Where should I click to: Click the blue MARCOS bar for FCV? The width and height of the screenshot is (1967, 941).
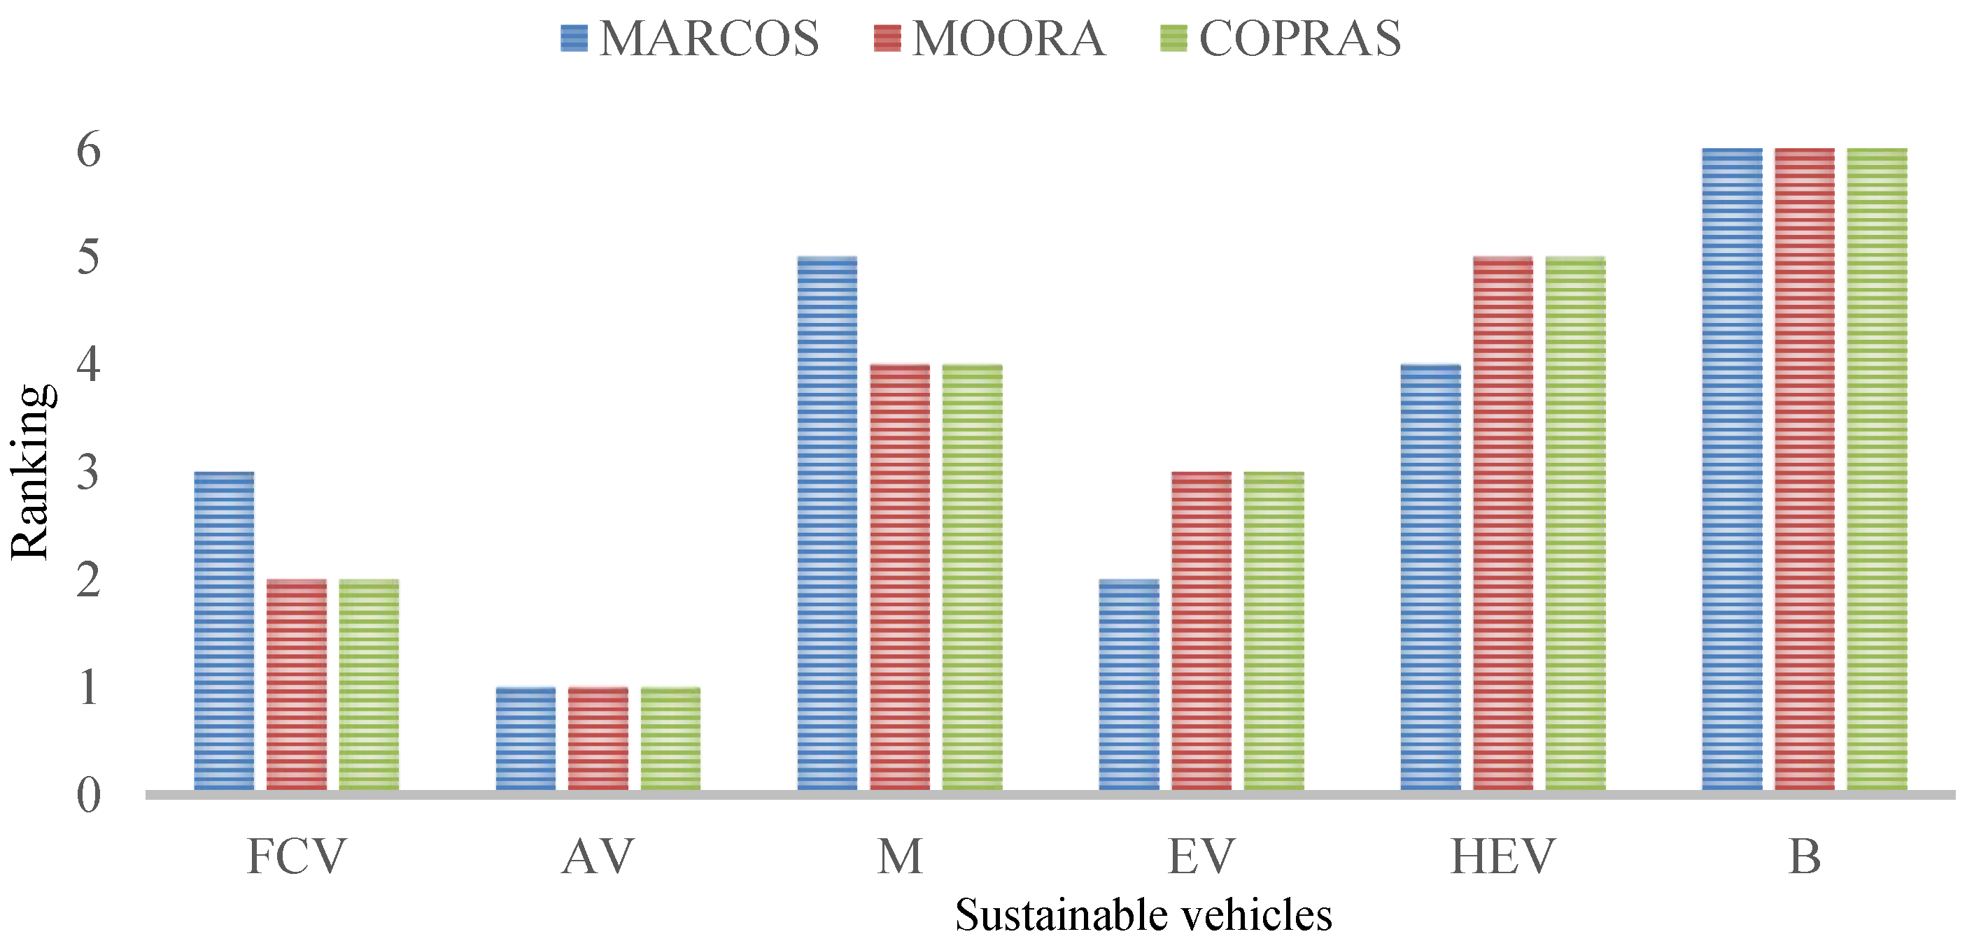click(x=224, y=631)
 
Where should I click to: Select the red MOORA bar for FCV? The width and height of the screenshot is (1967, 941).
click(x=296, y=684)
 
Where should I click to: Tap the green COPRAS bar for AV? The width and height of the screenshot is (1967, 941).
click(x=670, y=738)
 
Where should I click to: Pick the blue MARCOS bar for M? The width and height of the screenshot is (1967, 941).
click(x=827, y=524)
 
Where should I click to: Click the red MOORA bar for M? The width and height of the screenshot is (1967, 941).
click(x=899, y=577)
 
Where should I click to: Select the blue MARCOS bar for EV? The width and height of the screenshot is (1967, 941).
click(x=1129, y=684)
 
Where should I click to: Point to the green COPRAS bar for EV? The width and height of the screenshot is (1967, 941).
click(x=1274, y=631)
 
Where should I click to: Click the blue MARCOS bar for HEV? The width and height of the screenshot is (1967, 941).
click(x=1430, y=577)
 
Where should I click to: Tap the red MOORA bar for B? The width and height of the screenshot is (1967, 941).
click(x=1805, y=469)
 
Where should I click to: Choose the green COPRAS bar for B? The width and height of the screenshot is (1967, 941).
click(x=1877, y=469)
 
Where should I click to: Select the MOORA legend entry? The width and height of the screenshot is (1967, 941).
click(x=989, y=38)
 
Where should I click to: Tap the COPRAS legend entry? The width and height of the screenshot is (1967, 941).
click(x=1281, y=38)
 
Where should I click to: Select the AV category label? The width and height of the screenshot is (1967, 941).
click(x=598, y=857)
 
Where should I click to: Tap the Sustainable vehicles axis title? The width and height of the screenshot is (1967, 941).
click(x=1143, y=915)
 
